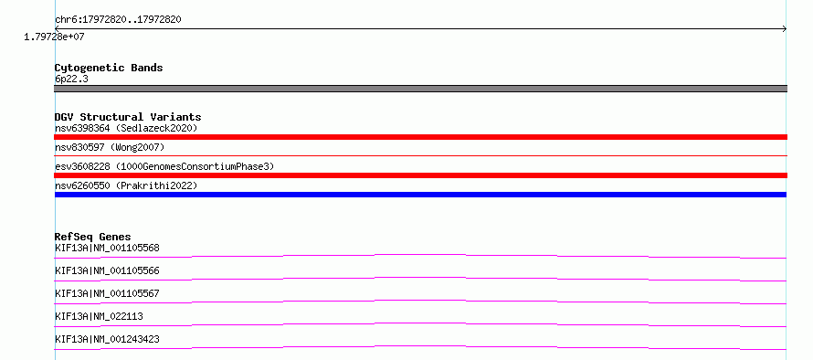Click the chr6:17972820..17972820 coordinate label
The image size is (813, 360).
click(118, 20)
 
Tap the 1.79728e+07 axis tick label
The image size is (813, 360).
click(54, 37)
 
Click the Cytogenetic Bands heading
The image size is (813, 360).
click(109, 68)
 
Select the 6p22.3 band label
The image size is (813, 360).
click(71, 79)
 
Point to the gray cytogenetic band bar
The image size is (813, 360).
click(420, 89)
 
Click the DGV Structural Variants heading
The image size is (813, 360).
click(128, 117)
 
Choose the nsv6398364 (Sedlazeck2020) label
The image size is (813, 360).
click(126, 128)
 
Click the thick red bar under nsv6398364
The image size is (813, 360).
click(420, 137)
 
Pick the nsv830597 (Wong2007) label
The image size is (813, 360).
click(110, 148)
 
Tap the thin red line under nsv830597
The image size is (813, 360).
click(420, 155)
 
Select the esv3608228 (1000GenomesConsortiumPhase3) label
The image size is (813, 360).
click(164, 166)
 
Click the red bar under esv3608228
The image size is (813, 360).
click(420, 175)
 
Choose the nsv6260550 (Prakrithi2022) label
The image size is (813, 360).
click(126, 185)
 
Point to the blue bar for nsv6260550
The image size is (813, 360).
click(420, 195)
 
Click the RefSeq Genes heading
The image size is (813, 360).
click(93, 237)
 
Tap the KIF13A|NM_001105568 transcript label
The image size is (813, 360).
click(107, 248)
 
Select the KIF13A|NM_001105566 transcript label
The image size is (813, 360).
click(107, 270)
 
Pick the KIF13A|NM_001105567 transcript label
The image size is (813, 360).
click(107, 293)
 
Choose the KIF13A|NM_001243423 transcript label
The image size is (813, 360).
click(107, 339)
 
